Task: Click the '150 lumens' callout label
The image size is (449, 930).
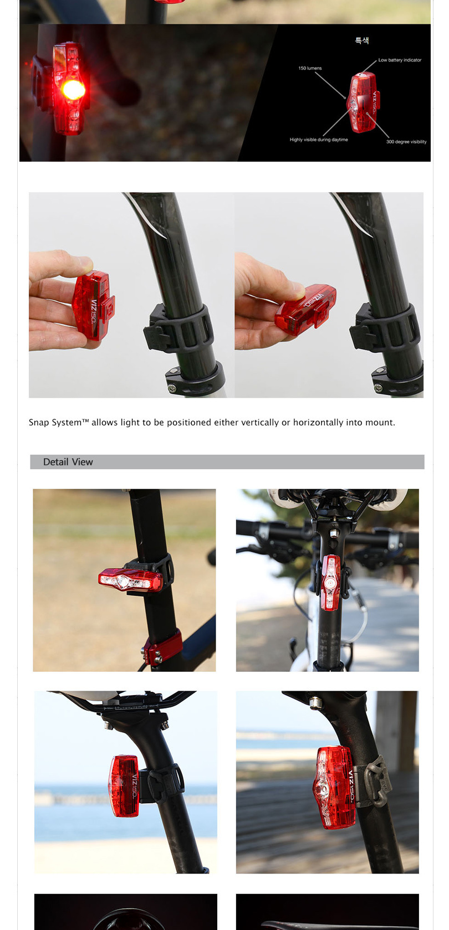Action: pos(310,68)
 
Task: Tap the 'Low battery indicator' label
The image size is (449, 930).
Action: pos(400,60)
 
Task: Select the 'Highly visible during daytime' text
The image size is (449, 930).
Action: pos(319,140)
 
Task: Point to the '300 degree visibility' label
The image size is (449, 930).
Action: pos(406,142)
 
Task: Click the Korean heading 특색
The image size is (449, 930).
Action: pos(362,40)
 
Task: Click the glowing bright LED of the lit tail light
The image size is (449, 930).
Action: pos(74,89)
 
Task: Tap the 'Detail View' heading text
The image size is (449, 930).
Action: pos(68,462)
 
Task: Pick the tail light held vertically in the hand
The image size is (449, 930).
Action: pos(93,305)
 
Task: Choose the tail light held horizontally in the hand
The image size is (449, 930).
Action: pos(305,309)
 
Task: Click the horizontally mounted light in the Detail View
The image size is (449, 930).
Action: pos(130,579)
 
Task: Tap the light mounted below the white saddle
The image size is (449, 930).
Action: pos(331,583)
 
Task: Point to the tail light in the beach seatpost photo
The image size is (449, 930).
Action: pos(124,785)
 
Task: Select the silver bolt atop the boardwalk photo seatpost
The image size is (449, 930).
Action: pos(315,702)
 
